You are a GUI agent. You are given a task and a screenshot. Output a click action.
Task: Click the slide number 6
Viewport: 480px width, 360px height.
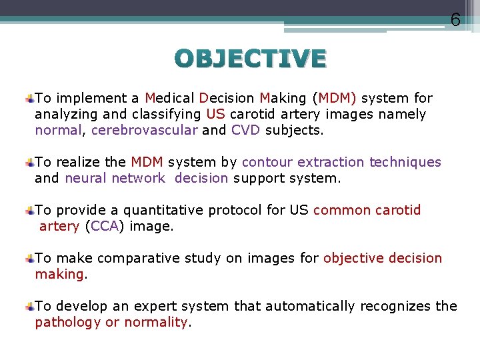coord(455,20)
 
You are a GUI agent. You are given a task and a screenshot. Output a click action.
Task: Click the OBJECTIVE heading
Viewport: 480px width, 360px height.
coord(251,59)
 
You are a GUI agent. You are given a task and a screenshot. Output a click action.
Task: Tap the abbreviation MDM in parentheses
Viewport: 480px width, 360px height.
coord(337,99)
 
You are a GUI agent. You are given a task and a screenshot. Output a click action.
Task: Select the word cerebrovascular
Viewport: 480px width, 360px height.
coord(144,130)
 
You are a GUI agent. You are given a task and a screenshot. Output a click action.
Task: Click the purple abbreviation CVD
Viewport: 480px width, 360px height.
coord(246,130)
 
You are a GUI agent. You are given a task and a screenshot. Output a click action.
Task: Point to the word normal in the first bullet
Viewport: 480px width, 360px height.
coord(58,130)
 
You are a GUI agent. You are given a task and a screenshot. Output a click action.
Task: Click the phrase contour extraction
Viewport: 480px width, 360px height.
coord(303,162)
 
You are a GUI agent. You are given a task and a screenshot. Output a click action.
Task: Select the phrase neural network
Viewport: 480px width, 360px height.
coord(115,178)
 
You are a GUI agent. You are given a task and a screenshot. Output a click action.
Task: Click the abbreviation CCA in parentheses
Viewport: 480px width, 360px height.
coord(105,226)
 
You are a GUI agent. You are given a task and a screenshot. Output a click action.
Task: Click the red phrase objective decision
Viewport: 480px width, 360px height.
coord(383,258)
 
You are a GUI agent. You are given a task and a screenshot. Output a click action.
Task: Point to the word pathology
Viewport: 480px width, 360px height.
coord(68,322)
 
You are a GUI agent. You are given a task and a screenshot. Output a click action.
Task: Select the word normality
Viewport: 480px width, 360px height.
coord(156,322)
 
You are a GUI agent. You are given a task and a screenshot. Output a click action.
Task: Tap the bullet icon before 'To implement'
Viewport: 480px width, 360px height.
coord(30,99)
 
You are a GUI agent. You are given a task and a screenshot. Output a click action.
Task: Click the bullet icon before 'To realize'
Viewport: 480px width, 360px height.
coord(30,163)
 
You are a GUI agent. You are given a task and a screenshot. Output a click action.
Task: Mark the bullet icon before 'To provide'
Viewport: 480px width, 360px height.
coord(30,211)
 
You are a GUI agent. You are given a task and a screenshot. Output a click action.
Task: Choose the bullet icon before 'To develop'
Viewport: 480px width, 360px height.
coord(30,307)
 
